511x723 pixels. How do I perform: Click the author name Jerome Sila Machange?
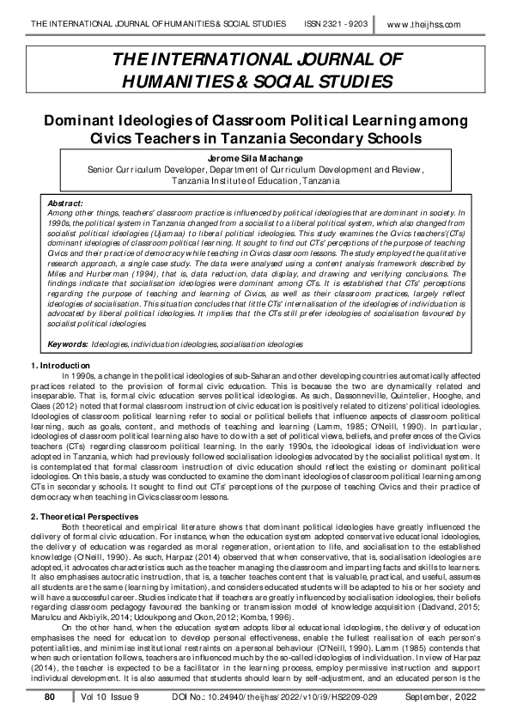click(255, 159)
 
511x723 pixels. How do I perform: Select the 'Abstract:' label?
click(68, 201)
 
